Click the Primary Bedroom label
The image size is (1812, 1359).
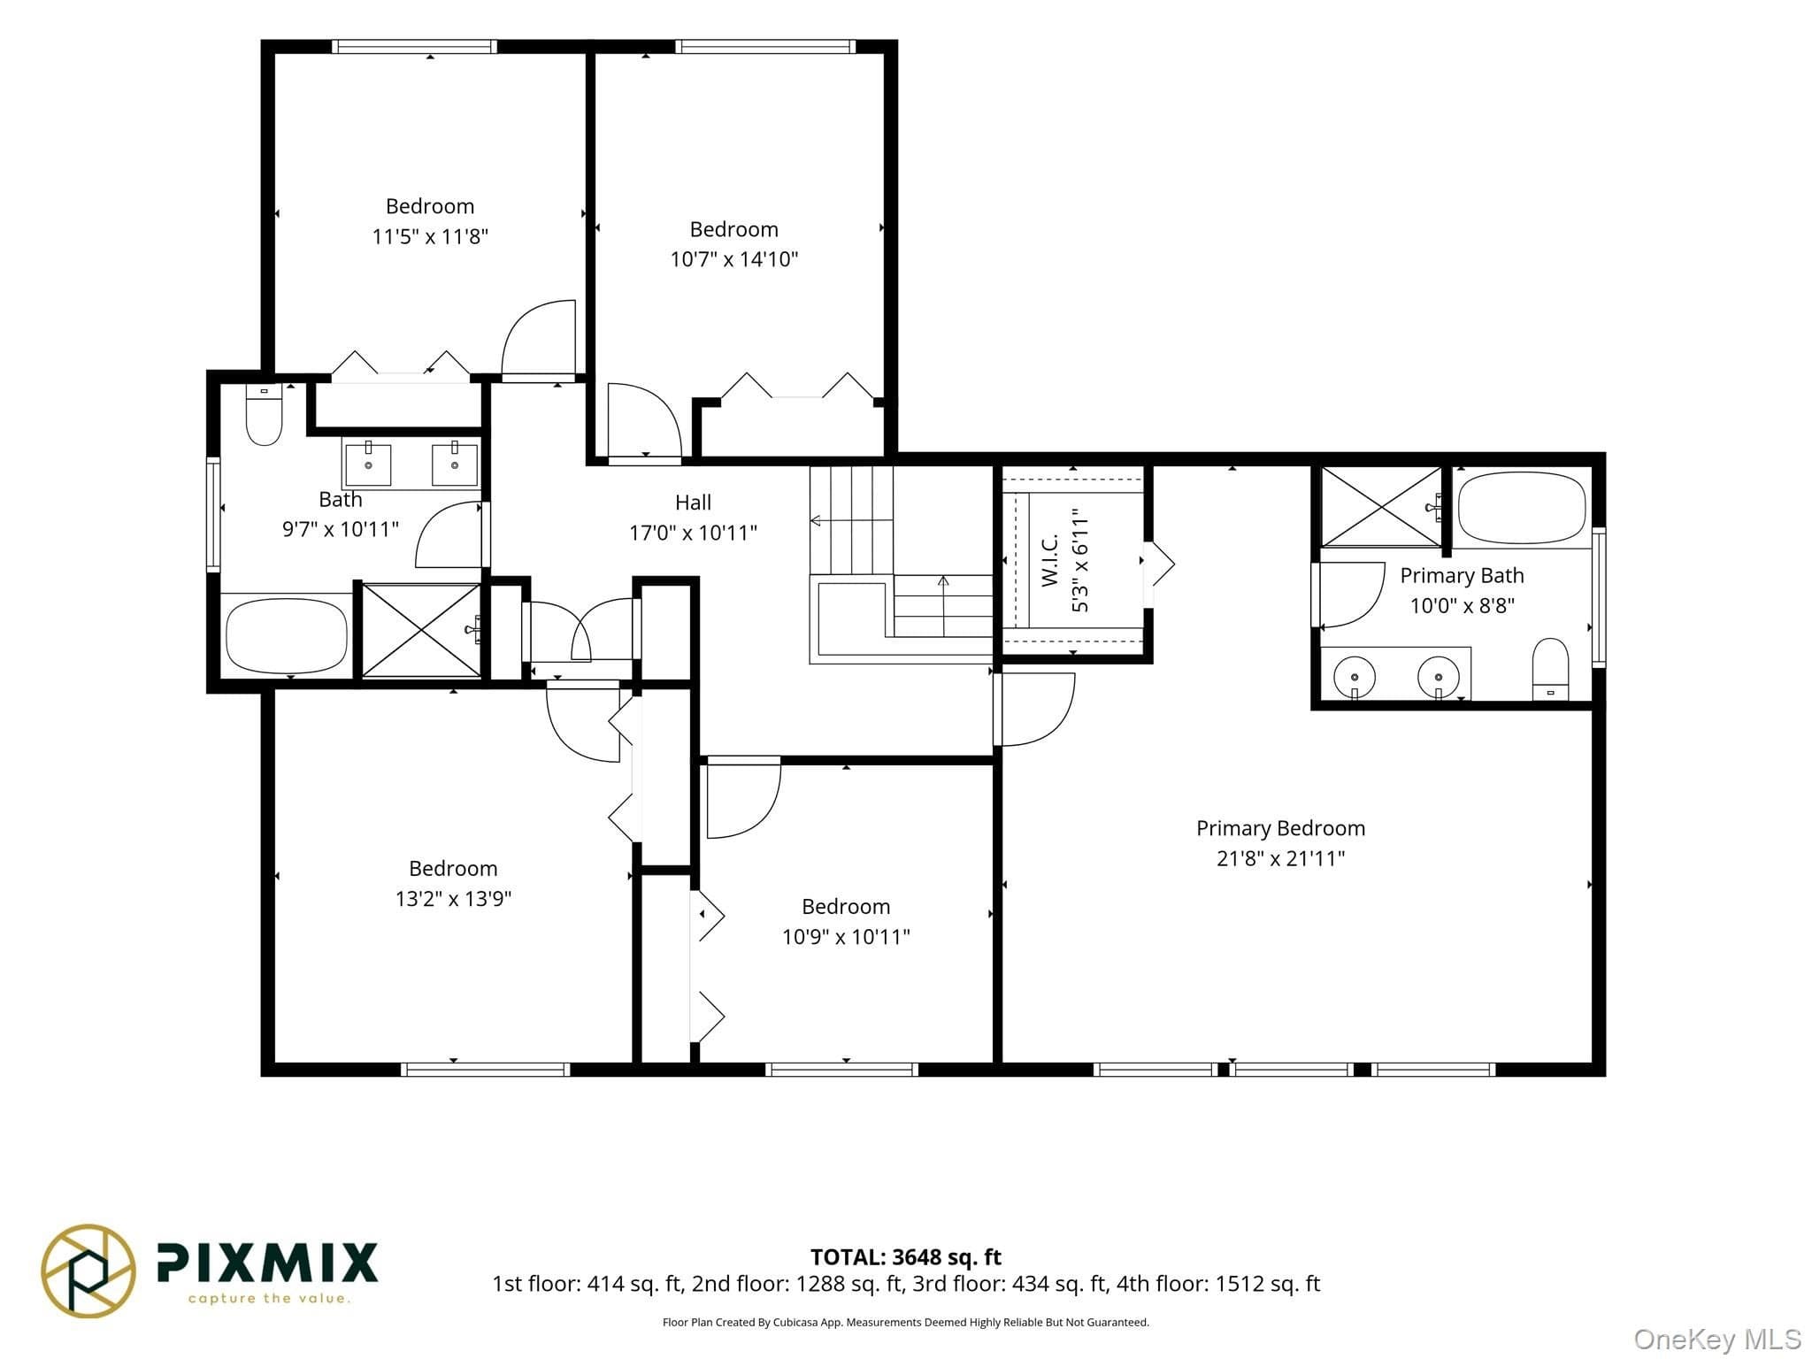(1280, 828)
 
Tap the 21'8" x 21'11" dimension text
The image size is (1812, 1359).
(1280, 858)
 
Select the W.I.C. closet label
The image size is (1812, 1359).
(1050, 560)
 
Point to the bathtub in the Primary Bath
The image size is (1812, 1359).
(1522, 509)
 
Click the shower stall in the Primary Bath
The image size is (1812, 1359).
(1381, 508)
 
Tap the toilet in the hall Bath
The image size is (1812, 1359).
(264, 414)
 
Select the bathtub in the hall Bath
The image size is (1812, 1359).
(287, 637)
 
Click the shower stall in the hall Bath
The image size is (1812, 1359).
(422, 631)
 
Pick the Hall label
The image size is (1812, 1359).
(693, 503)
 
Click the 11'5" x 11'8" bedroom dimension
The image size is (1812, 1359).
(430, 236)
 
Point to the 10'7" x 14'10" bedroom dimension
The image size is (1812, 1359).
(734, 259)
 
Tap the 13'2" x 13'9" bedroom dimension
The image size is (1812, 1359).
(453, 899)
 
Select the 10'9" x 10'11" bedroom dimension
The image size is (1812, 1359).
(846, 937)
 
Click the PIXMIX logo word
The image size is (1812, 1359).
(267, 1263)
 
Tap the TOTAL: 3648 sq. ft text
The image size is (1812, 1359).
(906, 1256)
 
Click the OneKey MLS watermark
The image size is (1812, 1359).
(1717, 1339)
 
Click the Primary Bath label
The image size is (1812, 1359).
(1462, 576)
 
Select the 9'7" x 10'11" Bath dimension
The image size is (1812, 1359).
(341, 529)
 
